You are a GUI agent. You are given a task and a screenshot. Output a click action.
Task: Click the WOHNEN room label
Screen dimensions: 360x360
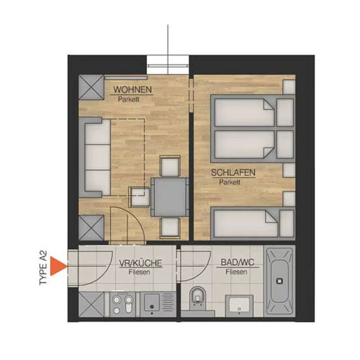click(133, 89)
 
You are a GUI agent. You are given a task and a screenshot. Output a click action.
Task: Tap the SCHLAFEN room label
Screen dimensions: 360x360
click(233, 173)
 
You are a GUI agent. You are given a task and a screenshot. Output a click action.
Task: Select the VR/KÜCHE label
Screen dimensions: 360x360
click(141, 263)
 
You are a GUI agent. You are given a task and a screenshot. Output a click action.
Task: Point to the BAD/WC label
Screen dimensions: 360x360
click(238, 262)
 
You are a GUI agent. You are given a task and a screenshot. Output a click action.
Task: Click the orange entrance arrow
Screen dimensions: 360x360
click(58, 266)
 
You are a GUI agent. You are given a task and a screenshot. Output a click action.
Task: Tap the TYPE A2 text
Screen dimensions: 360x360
click(43, 268)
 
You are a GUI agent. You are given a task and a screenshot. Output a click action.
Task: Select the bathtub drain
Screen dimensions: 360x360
click(279, 281)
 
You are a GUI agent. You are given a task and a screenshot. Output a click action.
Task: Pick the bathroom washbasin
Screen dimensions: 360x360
click(239, 305)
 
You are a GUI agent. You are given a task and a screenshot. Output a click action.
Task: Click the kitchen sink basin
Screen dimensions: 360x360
click(152, 302)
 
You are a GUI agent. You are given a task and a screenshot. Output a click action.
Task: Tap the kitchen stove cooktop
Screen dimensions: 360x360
click(123, 304)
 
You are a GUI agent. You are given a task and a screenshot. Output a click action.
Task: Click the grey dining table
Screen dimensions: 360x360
click(170, 197)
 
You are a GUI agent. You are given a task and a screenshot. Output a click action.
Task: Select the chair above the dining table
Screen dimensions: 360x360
click(170, 166)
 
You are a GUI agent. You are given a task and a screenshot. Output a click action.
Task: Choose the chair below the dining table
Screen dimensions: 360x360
click(170, 227)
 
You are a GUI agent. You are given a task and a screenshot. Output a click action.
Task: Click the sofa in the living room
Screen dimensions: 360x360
click(94, 157)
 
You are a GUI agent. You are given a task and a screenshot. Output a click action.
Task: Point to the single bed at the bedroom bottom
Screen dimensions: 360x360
click(253, 224)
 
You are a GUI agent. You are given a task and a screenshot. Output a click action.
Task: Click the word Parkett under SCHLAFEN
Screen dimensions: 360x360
click(230, 182)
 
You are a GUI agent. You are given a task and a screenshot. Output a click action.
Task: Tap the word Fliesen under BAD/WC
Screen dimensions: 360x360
click(236, 272)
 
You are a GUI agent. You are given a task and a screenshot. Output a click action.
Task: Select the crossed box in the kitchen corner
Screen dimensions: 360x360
click(92, 304)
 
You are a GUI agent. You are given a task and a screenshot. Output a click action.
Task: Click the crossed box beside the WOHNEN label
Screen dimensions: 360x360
click(92, 87)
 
